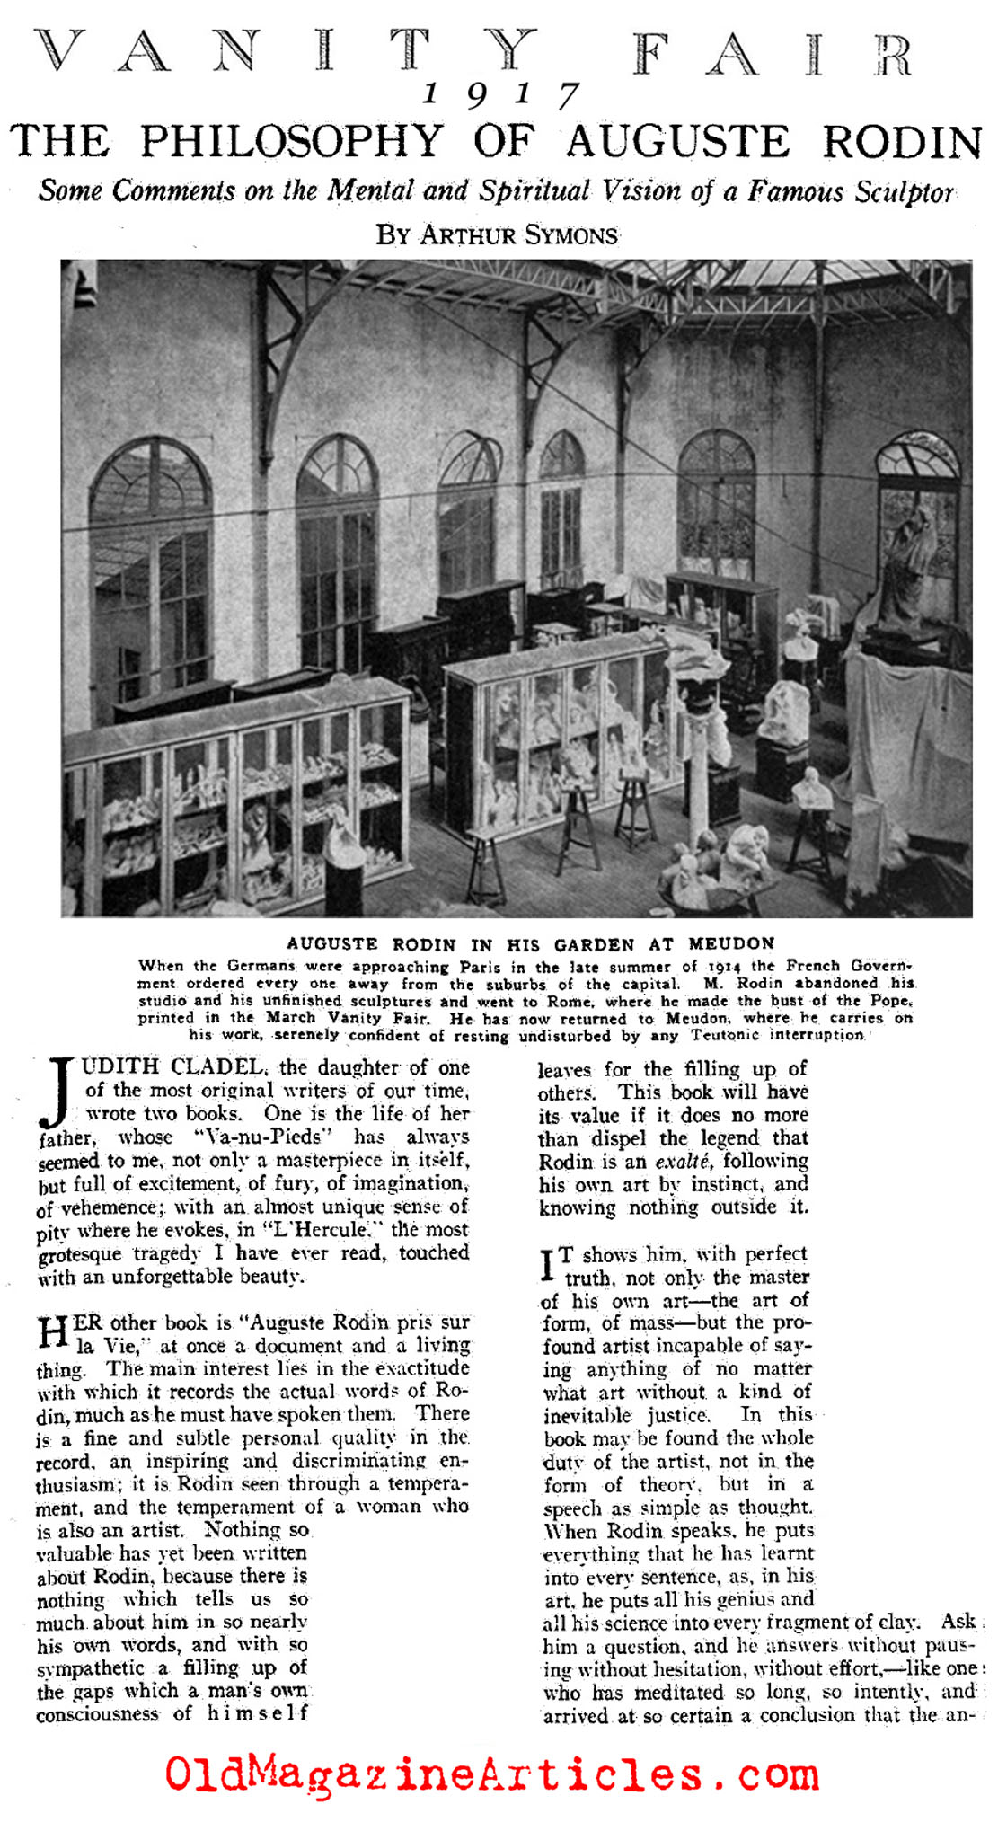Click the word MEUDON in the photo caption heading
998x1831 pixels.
(x=731, y=943)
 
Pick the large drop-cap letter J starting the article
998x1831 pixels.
(x=57, y=1091)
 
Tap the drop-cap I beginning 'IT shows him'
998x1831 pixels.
(x=546, y=1263)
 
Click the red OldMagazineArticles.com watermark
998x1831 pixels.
(x=491, y=1775)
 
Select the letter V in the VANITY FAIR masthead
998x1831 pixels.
(x=61, y=50)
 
